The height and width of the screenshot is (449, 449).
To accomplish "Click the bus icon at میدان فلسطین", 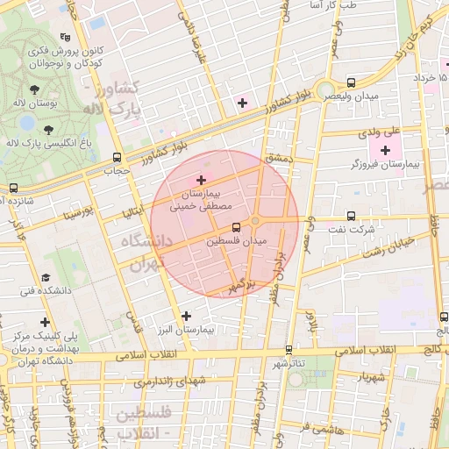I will tap(236, 227).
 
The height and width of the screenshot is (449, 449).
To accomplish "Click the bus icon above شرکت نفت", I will tap(351, 216).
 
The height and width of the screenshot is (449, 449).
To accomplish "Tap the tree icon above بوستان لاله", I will tap(34, 89).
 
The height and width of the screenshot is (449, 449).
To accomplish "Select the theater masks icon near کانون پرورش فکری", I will tap(65, 37).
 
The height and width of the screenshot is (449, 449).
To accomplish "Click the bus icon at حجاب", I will tap(118, 158).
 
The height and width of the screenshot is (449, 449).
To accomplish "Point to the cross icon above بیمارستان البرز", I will tap(185, 316).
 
